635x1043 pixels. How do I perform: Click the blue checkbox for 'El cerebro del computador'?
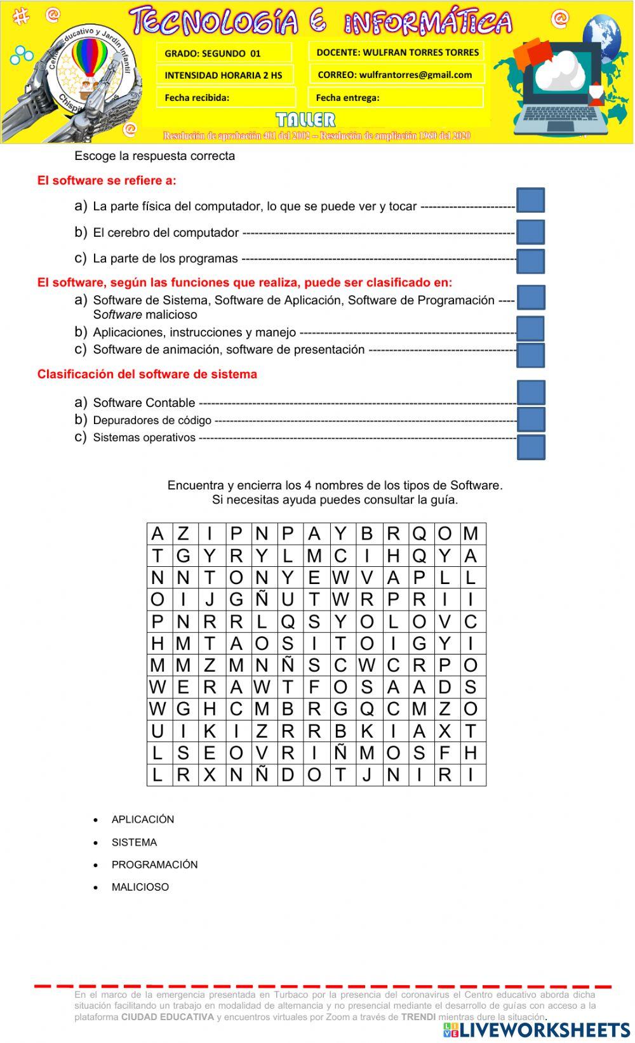530,232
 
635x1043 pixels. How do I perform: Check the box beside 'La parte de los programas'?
530,261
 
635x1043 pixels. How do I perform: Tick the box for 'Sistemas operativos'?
531,447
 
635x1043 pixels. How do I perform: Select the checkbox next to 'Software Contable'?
531,392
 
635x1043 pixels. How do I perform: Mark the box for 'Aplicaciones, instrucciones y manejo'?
530,329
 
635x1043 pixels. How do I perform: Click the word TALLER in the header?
306,120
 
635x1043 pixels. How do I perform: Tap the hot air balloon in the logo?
89,58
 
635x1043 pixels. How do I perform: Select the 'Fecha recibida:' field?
225,98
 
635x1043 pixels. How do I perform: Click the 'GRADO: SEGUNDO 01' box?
224,53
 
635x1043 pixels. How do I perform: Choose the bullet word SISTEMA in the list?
134,842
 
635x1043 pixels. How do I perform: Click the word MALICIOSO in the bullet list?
140,887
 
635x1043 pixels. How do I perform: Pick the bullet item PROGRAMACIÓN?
154,865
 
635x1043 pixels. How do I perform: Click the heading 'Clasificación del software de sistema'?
147,374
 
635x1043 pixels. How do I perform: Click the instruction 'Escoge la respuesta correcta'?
155,156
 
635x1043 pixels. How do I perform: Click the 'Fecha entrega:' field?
395,98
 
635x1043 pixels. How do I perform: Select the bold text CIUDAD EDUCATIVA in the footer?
168,1017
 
